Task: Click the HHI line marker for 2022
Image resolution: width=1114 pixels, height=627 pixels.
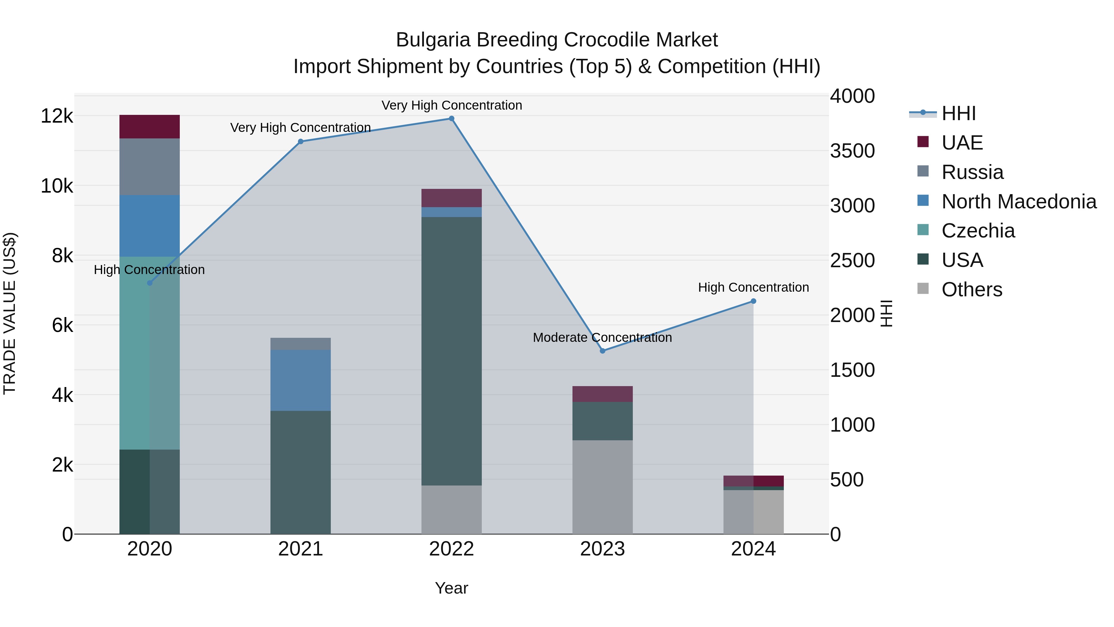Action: pos(451,119)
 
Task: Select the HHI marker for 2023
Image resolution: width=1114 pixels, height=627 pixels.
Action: pos(602,351)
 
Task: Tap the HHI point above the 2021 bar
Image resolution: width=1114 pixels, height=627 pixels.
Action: pos(300,142)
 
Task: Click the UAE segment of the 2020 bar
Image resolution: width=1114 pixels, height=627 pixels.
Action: pos(150,127)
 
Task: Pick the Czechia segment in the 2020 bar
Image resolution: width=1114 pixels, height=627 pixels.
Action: pos(150,353)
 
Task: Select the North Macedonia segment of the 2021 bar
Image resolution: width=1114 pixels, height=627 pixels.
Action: pos(300,380)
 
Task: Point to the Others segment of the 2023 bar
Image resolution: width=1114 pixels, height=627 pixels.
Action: pos(602,487)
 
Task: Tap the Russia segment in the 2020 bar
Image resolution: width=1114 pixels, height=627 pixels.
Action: pos(150,167)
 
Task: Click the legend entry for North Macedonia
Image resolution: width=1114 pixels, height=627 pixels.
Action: pos(1018,202)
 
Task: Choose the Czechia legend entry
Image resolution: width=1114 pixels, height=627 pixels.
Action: pos(978,231)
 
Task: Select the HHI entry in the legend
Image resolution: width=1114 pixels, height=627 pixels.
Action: pos(958,113)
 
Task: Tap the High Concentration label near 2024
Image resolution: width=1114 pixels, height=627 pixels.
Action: pos(753,287)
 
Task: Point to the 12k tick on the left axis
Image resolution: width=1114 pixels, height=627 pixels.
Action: pos(57,116)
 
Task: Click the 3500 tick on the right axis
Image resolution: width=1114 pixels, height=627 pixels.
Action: pos(852,151)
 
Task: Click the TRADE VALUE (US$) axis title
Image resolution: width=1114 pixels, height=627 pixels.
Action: pos(10,313)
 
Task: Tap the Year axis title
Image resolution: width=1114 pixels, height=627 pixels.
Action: pos(451,588)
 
